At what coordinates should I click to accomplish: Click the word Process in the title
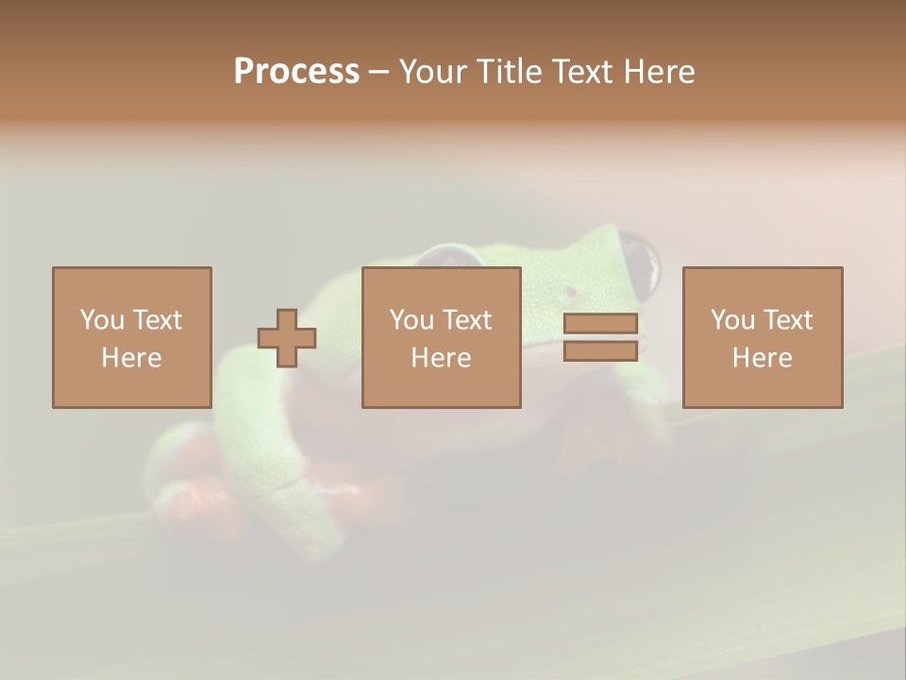(296, 72)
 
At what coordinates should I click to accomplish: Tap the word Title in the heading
(510, 72)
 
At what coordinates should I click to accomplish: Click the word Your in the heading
(435, 72)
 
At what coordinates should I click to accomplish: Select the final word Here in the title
(659, 72)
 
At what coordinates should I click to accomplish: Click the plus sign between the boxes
(287, 338)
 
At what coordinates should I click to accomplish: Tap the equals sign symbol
(600, 337)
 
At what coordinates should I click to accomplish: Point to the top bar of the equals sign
(600, 324)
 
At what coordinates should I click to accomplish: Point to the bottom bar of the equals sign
(600, 351)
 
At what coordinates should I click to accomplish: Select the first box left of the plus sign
(131, 337)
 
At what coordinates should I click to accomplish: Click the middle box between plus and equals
(441, 337)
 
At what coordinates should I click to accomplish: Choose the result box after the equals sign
(762, 337)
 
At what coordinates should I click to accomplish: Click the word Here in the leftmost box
(131, 358)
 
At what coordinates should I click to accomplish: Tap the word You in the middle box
(411, 320)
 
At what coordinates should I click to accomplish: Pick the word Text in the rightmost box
(788, 320)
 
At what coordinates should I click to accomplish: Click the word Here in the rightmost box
(762, 358)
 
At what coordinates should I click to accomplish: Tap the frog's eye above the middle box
(451, 256)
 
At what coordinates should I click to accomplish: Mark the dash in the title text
(379, 72)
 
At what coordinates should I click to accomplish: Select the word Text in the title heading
(579, 72)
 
